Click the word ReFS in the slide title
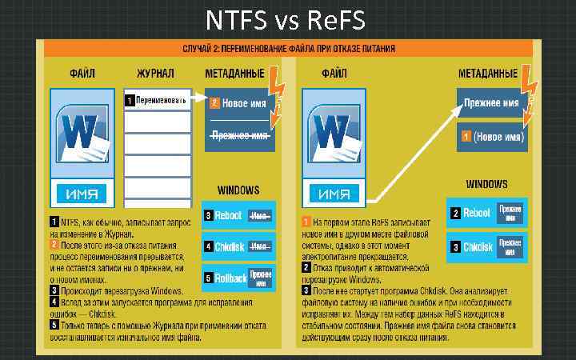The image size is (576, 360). [x=334, y=17]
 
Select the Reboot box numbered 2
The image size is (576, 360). [x=486, y=214]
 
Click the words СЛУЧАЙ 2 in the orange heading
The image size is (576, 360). [x=205, y=50]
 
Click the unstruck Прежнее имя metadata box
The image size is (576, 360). [x=492, y=103]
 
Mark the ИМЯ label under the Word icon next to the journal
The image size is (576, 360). [x=82, y=193]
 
